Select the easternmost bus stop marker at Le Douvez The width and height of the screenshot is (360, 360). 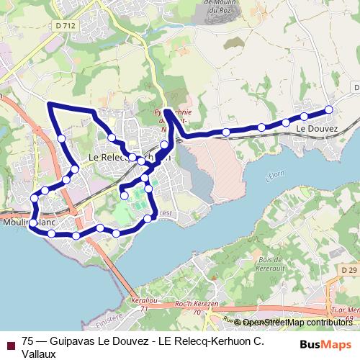(x=329, y=109)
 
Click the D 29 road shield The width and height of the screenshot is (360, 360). (x=350, y=269)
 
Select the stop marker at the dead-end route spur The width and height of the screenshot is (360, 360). (x=124, y=194)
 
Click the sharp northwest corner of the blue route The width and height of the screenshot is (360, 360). (x=49, y=104)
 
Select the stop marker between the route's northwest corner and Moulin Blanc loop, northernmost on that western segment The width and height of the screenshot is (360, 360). (x=62, y=138)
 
